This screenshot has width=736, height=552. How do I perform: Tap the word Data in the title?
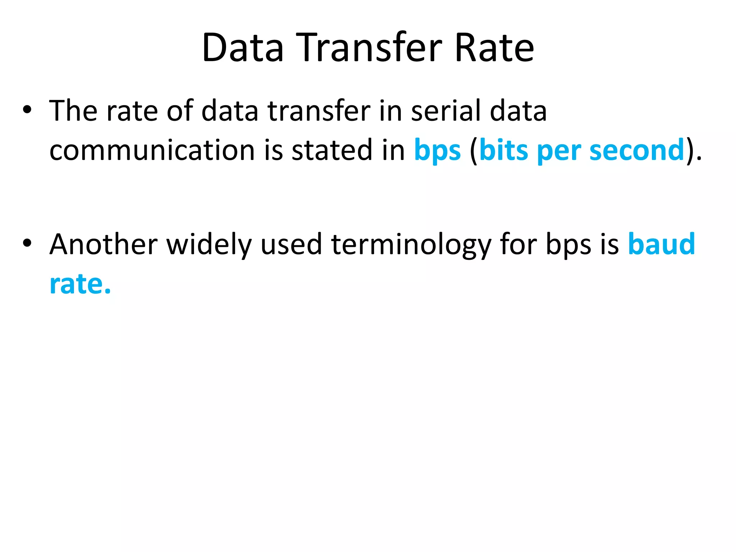[243, 47]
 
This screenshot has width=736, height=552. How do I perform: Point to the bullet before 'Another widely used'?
[27, 243]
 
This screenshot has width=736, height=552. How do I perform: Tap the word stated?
[332, 150]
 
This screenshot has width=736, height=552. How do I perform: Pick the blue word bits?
[504, 150]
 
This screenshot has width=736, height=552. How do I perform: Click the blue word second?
[637, 150]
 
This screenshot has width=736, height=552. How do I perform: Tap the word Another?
[103, 244]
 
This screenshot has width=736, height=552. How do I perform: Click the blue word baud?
[661, 244]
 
